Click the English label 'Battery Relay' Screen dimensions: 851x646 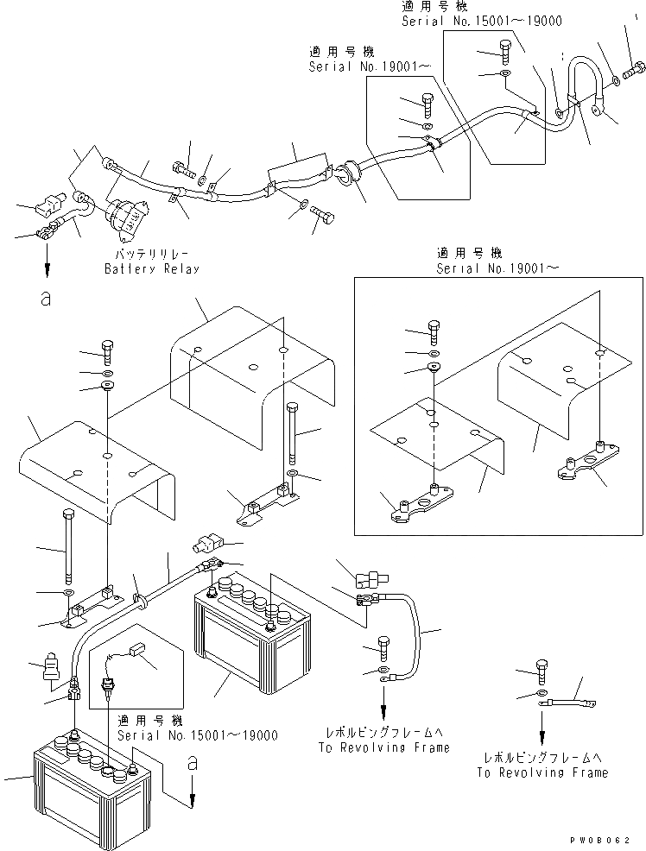[151, 268]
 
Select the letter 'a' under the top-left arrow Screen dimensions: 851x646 [45, 299]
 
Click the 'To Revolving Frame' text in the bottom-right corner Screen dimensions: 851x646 [541, 772]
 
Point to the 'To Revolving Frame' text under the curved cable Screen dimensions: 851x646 [383, 747]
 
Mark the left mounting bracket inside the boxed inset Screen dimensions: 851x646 [416, 506]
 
